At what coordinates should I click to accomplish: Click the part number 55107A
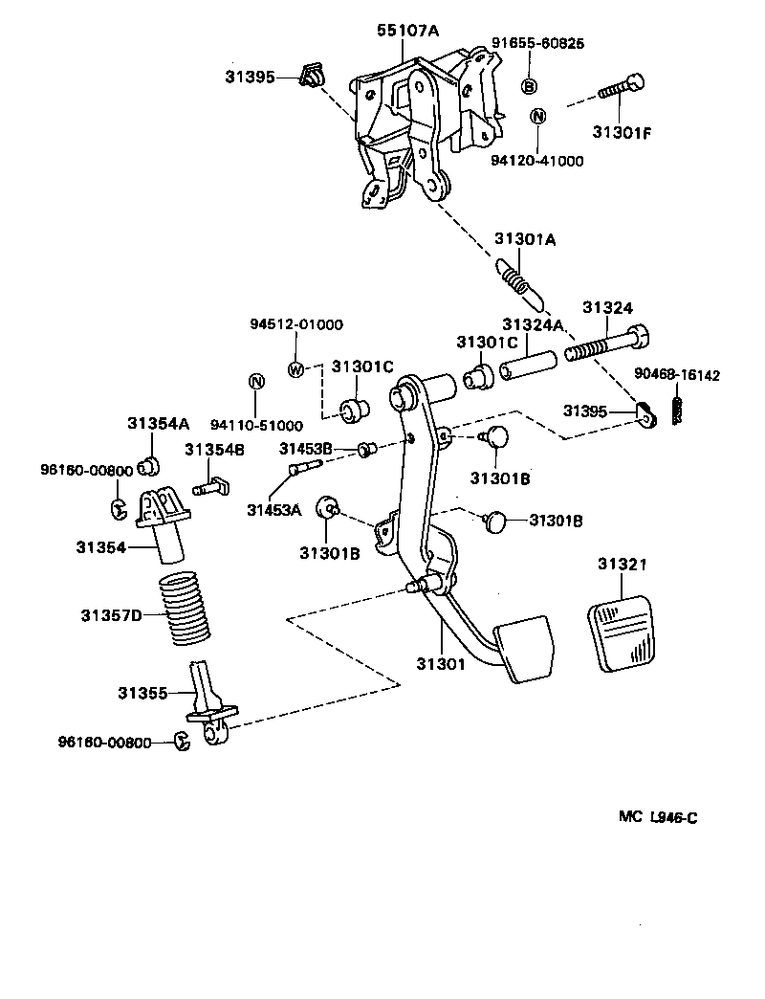pos(407,31)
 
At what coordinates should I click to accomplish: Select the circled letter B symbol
pos(529,86)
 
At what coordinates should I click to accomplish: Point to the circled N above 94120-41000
pos(537,117)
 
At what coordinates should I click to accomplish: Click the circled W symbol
pos(295,368)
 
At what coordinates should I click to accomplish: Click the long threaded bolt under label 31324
pos(608,346)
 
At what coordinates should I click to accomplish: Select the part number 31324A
pos(533,325)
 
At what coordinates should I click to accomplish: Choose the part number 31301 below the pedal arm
pos(440,662)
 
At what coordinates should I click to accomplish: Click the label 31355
pos(142,692)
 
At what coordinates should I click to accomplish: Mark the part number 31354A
pos(159,423)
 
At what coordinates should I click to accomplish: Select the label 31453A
pos(273,509)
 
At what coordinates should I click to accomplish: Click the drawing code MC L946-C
pos(657,816)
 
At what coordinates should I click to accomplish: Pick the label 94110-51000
pos(256,425)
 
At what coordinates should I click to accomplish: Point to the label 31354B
pos(214,449)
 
